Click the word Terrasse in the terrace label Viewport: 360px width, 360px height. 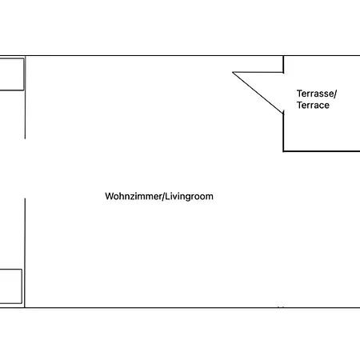pos(315,94)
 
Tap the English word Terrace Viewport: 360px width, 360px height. pos(313,105)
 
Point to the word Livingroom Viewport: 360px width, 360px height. pos(189,197)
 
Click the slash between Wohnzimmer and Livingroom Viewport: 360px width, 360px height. pos(162,196)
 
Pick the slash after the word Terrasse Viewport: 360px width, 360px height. pos(335,94)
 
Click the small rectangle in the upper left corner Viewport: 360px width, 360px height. pos(12,74)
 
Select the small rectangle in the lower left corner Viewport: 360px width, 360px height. pos(10,286)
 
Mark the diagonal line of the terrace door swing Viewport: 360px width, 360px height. pos(258,93)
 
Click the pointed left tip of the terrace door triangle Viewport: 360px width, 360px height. pos(233,72)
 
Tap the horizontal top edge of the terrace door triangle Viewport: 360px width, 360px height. pos(258,72)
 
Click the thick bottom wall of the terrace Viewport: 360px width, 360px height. pos(322,151)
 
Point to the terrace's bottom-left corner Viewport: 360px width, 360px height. pos(283,151)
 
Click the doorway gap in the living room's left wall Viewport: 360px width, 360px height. pos(25,169)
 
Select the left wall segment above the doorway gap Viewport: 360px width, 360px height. pos(25,98)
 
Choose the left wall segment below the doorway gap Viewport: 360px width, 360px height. pos(25,253)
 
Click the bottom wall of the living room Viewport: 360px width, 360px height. pos(192,308)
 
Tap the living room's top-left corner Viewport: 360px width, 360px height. pos(25,56)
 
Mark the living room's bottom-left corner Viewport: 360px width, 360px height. pos(25,308)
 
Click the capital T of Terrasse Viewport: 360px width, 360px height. pos(299,94)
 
